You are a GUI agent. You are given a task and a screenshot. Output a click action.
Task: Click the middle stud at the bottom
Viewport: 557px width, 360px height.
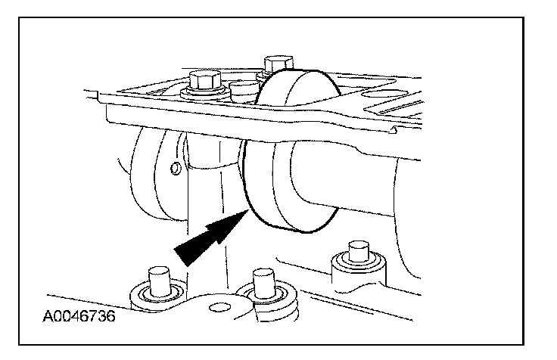coord(262,282)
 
